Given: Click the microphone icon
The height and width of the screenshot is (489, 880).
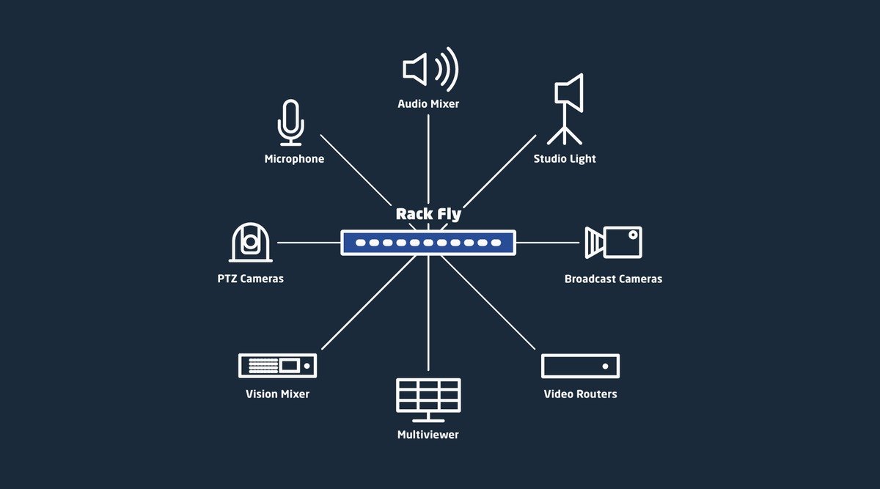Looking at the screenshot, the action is [x=290, y=122].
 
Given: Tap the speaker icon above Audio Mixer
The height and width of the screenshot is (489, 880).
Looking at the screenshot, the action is [x=430, y=70].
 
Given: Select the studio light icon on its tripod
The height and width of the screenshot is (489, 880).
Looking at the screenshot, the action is [x=565, y=109].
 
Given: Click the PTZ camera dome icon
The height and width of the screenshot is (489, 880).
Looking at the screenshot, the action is [x=251, y=243].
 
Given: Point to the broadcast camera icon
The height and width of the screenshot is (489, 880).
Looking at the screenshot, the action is [x=613, y=243].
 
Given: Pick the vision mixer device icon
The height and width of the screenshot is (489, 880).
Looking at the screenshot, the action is [x=277, y=366].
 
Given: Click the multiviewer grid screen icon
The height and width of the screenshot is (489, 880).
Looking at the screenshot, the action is [x=428, y=400].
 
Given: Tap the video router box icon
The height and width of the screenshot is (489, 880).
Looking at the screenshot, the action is [x=580, y=366].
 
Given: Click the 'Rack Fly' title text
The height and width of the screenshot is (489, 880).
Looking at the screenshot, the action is [x=428, y=214].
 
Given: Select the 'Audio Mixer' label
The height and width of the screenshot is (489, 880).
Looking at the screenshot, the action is [x=428, y=103].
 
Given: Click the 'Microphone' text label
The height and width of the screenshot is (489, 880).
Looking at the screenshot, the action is [x=294, y=159].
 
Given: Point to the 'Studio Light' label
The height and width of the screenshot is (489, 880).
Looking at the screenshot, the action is [x=565, y=159].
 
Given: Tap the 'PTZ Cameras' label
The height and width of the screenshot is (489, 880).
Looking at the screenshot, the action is [x=250, y=279].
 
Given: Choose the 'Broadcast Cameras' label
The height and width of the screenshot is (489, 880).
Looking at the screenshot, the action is [x=613, y=279].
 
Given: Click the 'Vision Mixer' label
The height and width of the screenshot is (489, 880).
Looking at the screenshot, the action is [x=277, y=394].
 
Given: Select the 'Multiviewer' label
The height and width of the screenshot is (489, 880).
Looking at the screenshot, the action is [x=428, y=435].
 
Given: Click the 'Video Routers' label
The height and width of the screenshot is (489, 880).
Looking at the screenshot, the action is [x=580, y=394].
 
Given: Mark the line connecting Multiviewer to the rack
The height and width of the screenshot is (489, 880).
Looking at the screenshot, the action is [x=428, y=313].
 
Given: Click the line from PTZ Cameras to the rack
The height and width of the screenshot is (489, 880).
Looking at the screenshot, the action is [x=309, y=243].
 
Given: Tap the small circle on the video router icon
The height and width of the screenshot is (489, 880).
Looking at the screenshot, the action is [x=606, y=366].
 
